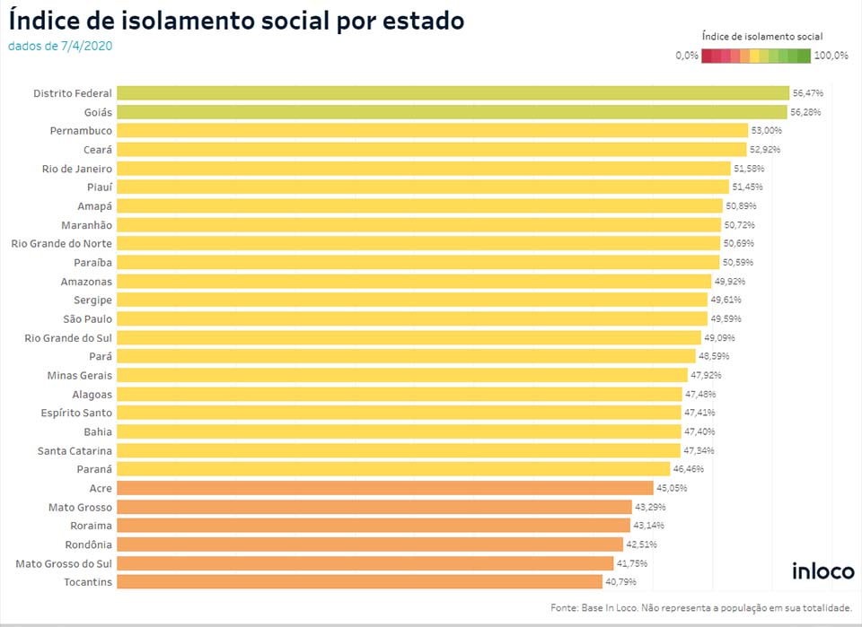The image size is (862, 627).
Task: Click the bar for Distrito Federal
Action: pos(453,93)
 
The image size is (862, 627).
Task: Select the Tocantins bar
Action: pos(359,582)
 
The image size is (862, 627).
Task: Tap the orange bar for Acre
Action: pos(384,488)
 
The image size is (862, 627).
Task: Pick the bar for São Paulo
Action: pos(411,318)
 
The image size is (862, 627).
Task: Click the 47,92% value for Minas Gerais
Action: pos(706,375)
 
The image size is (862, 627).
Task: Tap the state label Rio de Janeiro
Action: pos(77,169)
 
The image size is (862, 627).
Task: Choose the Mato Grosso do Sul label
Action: pos(64,563)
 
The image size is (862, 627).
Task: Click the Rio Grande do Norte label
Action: pos(61,243)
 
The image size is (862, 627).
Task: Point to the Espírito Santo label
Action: pos(75,413)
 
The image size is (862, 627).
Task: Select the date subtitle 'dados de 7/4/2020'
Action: pos(60,46)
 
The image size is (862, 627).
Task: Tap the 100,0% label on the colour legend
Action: pos(831,56)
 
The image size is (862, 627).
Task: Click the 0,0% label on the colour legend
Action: pos(687,56)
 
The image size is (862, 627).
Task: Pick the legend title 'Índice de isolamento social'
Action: pos(762,37)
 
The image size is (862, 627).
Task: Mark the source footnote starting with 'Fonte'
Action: pos(701,608)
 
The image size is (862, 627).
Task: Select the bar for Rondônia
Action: pos(369,544)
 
